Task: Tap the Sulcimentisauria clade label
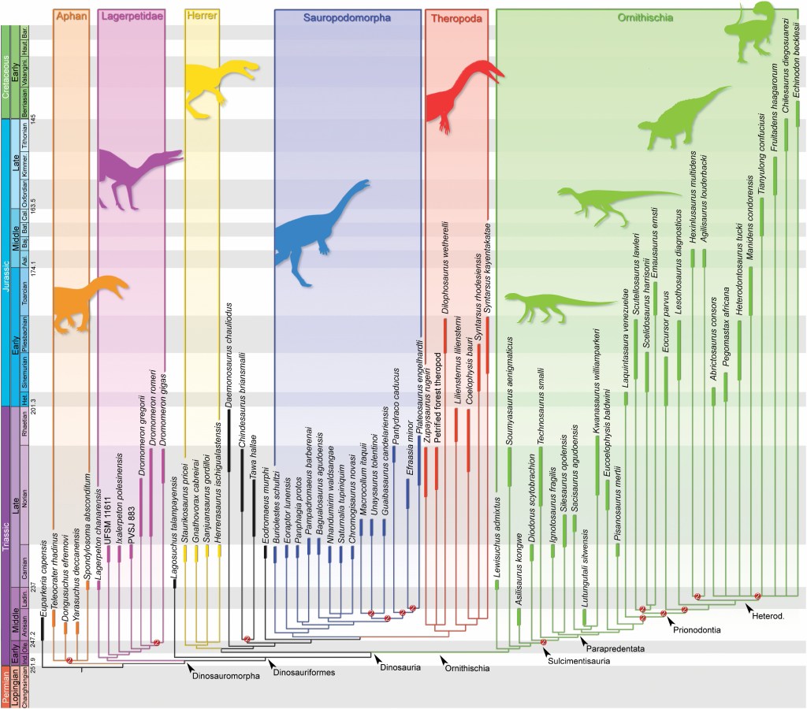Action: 582,660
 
